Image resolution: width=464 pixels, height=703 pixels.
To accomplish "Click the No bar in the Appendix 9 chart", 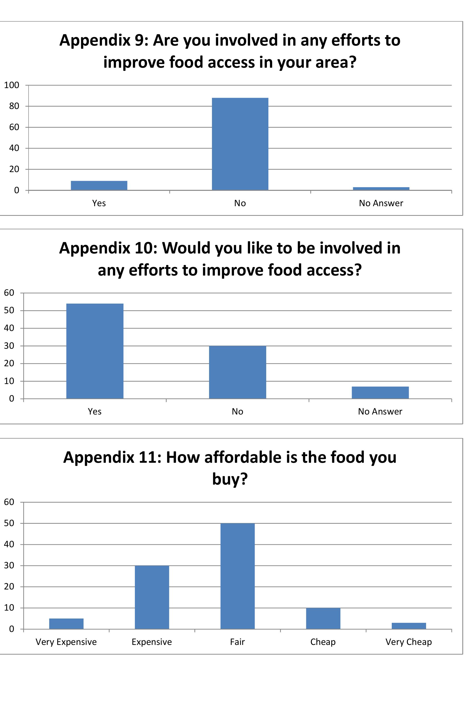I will pos(240,144).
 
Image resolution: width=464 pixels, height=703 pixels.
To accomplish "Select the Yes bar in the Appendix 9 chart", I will pos(99,185).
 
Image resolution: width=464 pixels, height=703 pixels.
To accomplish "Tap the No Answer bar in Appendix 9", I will pos(381,188).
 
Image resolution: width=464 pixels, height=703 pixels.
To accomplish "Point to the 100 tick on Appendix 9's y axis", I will pos(12,85).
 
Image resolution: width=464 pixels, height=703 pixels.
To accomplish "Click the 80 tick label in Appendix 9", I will pos(14,106).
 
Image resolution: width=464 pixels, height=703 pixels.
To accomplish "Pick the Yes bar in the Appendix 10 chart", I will pos(95,351).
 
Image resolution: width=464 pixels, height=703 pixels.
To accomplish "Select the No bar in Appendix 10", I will pos(237,372).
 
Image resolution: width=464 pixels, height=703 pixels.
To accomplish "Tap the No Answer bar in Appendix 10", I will pos(380,392).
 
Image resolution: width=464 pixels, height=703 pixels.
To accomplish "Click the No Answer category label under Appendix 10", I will pos(380,412).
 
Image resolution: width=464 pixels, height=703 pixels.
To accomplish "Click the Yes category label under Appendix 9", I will pos(99,203).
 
